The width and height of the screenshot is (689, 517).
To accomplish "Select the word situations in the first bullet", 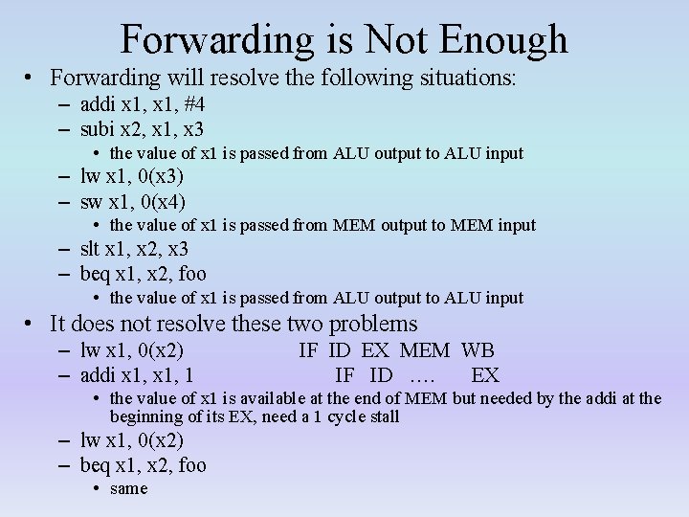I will (x=468, y=78).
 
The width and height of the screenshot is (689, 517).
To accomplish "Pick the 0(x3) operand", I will (x=160, y=177).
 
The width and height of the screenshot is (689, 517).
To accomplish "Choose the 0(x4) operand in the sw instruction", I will (x=162, y=202).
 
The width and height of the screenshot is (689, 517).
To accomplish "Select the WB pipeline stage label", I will (x=478, y=350).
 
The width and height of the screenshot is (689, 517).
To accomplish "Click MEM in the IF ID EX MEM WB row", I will (x=427, y=350).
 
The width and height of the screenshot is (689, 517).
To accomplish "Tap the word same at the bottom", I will (x=129, y=489).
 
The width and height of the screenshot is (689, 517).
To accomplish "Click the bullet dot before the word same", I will (x=100, y=489).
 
